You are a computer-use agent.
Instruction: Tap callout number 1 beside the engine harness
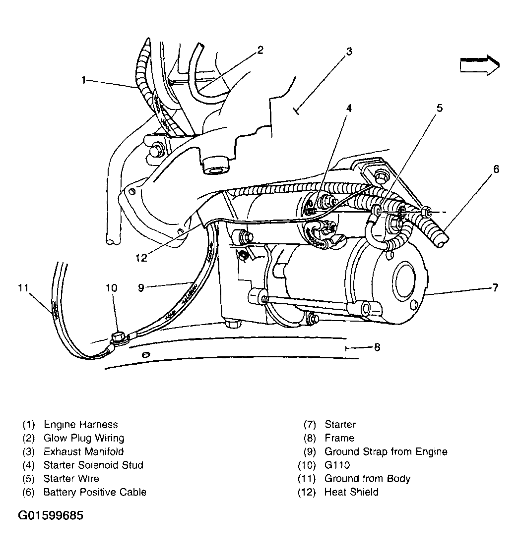point(84,80)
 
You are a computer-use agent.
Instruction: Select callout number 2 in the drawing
point(259,50)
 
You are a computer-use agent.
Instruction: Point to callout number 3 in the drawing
point(349,51)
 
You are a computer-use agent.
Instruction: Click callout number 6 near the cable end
point(496,169)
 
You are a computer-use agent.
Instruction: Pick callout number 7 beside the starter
point(495,288)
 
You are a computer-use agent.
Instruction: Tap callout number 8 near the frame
point(377,347)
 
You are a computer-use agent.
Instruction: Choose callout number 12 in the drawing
point(141,257)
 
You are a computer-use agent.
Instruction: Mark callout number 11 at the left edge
point(22,287)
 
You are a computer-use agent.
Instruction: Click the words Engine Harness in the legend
point(80,425)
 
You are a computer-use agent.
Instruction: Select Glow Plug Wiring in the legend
point(83,438)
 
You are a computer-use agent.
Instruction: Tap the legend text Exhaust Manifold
point(83,451)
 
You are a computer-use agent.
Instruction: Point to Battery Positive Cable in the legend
point(94,492)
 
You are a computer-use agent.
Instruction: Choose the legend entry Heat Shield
point(351,492)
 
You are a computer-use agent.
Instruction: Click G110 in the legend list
point(337,465)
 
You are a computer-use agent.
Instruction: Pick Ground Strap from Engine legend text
point(386,451)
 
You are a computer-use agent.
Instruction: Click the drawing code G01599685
point(51,516)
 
